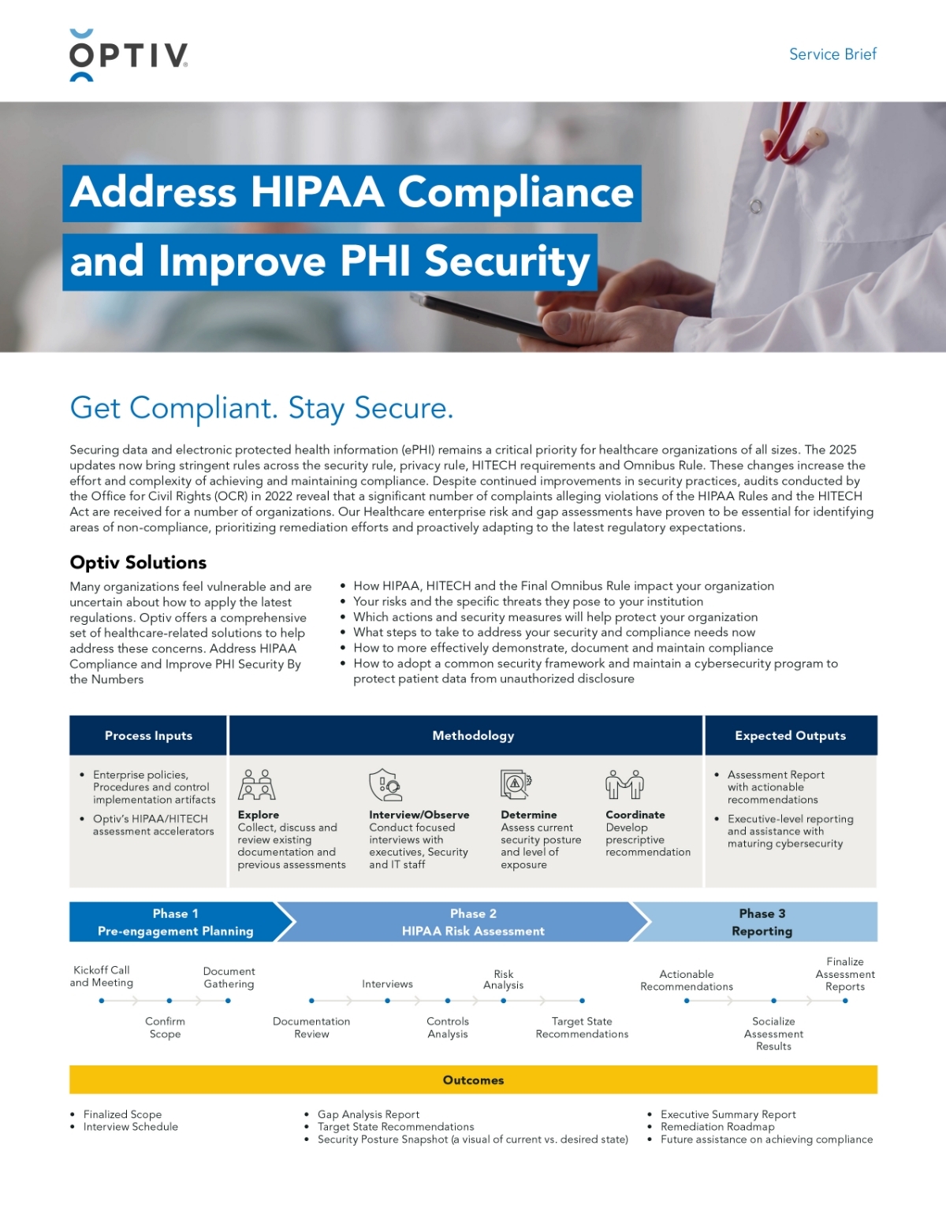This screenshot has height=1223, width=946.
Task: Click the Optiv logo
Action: (128, 55)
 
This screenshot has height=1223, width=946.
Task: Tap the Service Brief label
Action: (832, 54)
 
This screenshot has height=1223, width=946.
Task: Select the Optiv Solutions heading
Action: (138, 563)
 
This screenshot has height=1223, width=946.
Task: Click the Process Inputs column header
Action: (148, 735)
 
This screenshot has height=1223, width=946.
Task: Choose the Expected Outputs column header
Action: (790, 735)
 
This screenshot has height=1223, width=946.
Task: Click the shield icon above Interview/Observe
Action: (385, 785)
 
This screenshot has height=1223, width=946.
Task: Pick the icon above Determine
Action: (516, 785)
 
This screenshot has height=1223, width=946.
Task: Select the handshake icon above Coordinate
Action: (624, 785)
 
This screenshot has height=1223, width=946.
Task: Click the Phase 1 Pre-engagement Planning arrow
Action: (175, 922)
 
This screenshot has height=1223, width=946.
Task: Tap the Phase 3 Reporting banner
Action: (762, 922)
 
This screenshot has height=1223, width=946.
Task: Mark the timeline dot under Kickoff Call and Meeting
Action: (102, 1001)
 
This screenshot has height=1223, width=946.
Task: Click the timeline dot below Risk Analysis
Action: (504, 1001)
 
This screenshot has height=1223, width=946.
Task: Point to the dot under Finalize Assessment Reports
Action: (845, 1001)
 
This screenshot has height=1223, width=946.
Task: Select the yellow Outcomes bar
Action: (473, 1080)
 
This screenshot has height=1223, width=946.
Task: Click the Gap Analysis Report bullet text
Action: (368, 1114)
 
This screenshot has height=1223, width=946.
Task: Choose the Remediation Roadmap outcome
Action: (717, 1127)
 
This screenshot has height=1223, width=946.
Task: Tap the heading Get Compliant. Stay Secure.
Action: (262, 408)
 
